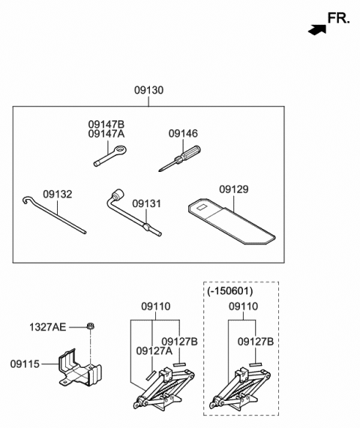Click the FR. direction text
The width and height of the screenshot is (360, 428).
pyautogui.click(x=338, y=18)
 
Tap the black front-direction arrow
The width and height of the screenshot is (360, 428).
pyautogui.click(x=317, y=30)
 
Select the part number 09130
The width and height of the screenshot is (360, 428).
pyautogui.click(x=148, y=90)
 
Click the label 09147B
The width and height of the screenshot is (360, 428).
pyautogui.click(x=106, y=125)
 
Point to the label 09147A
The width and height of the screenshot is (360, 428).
pyautogui.click(x=106, y=134)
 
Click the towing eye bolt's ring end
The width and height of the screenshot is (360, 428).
pyautogui.click(x=120, y=150)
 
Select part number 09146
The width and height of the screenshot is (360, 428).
pyautogui.click(x=183, y=134)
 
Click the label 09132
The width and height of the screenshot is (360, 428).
pyautogui.click(x=58, y=194)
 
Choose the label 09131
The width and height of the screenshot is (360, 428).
pyautogui.click(x=146, y=204)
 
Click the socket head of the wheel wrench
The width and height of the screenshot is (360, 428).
pyautogui.click(x=118, y=194)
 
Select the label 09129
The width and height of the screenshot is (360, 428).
pyautogui.click(x=234, y=189)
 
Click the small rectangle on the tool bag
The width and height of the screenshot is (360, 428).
pyautogui.click(x=202, y=208)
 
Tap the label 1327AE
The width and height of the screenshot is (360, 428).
pyautogui.click(x=48, y=327)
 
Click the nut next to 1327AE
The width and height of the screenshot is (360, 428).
pyautogui.click(x=90, y=326)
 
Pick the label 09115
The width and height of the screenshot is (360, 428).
pyautogui.click(x=25, y=364)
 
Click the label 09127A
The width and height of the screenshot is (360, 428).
pyautogui.click(x=154, y=351)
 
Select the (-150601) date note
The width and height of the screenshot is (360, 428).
pyautogui.click(x=230, y=291)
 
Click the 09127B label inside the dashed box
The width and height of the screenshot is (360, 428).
pyautogui.click(x=255, y=342)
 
